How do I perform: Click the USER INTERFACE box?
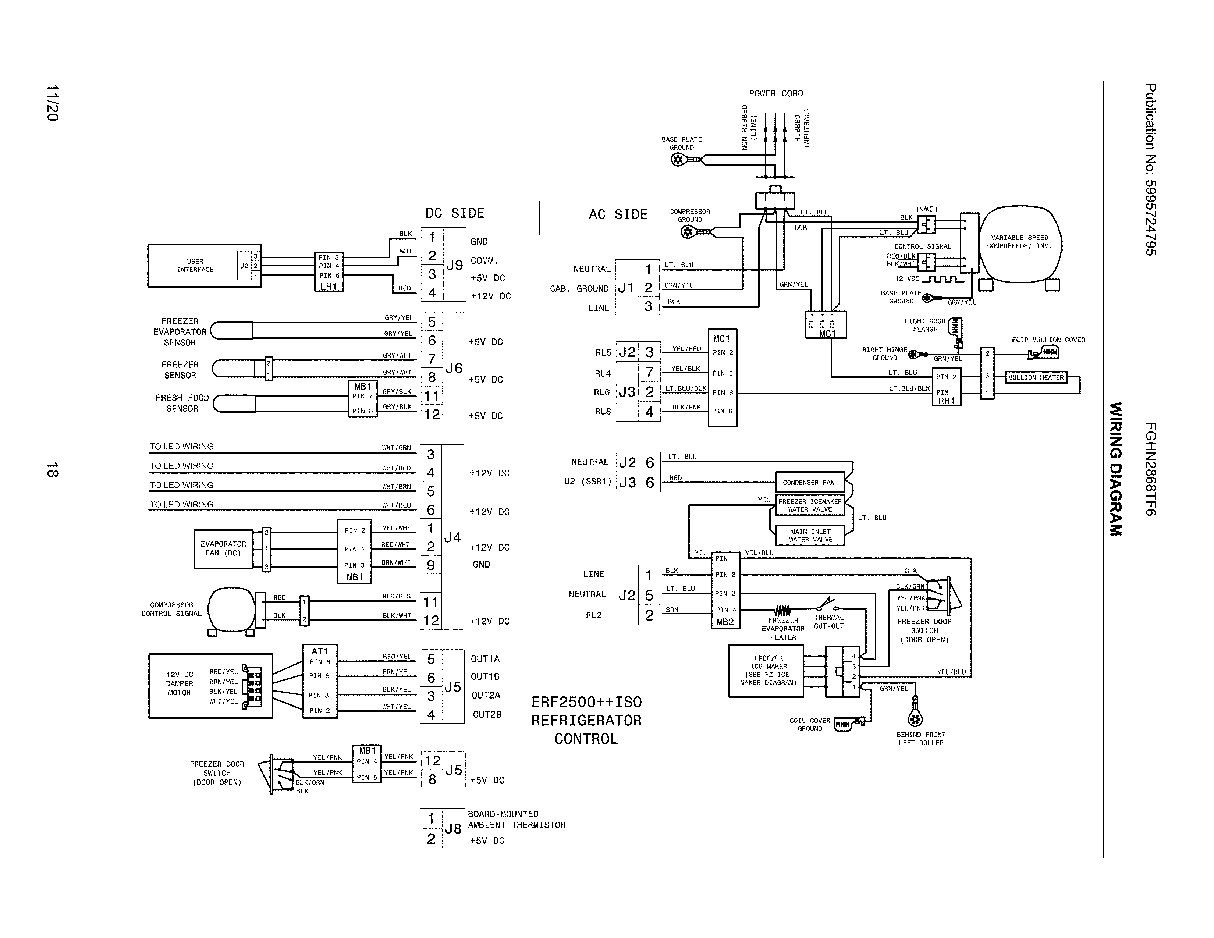(x=195, y=266)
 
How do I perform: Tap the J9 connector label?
(x=454, y=265)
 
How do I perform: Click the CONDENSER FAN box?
(x=809, y=482)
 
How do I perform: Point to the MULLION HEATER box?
(x=1036, y=377)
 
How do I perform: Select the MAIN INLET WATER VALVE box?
(x=810, y=535)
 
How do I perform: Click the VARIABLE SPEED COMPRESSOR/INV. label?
(x=1019, y=242)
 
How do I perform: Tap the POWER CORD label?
(x=775, y=93)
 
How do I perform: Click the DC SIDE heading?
(x=455, y=213)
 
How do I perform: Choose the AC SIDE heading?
(x=618, y=214)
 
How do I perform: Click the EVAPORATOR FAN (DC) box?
(x=223, y=548)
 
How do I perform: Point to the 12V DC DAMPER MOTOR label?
(x=180, y=683)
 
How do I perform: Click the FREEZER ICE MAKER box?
(x=768, y=671)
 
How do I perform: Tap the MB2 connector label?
(x=725, y=622)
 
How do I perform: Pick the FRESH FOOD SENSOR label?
(x=182, y=403)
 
